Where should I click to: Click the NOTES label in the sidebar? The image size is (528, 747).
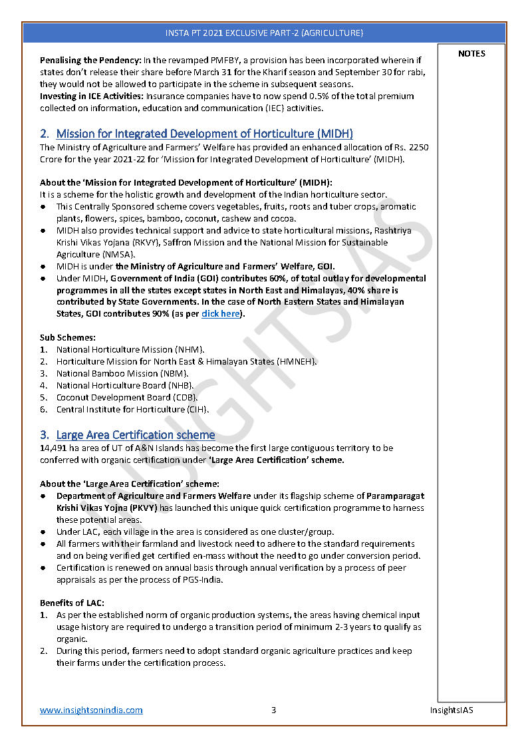tap(471, 54)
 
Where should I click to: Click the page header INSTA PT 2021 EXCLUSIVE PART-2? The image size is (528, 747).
tap(264, 33)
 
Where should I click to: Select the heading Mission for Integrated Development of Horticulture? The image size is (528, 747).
tap(204, 134)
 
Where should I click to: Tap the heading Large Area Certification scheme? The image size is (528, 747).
tap(135, 435)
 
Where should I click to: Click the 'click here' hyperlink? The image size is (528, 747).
tap(220, 313)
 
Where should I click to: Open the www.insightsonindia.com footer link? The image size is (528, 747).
tap(91, 710)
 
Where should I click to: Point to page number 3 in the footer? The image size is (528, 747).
tap(273, 710)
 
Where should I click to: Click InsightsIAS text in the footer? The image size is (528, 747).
tap(452, 710)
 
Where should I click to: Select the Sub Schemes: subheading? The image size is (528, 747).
tap(67, 337)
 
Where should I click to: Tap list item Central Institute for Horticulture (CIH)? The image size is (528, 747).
tap(132, 409)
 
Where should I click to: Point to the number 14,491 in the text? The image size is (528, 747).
tap(55, 448)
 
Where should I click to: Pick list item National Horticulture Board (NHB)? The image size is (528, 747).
tap(125, 385)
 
